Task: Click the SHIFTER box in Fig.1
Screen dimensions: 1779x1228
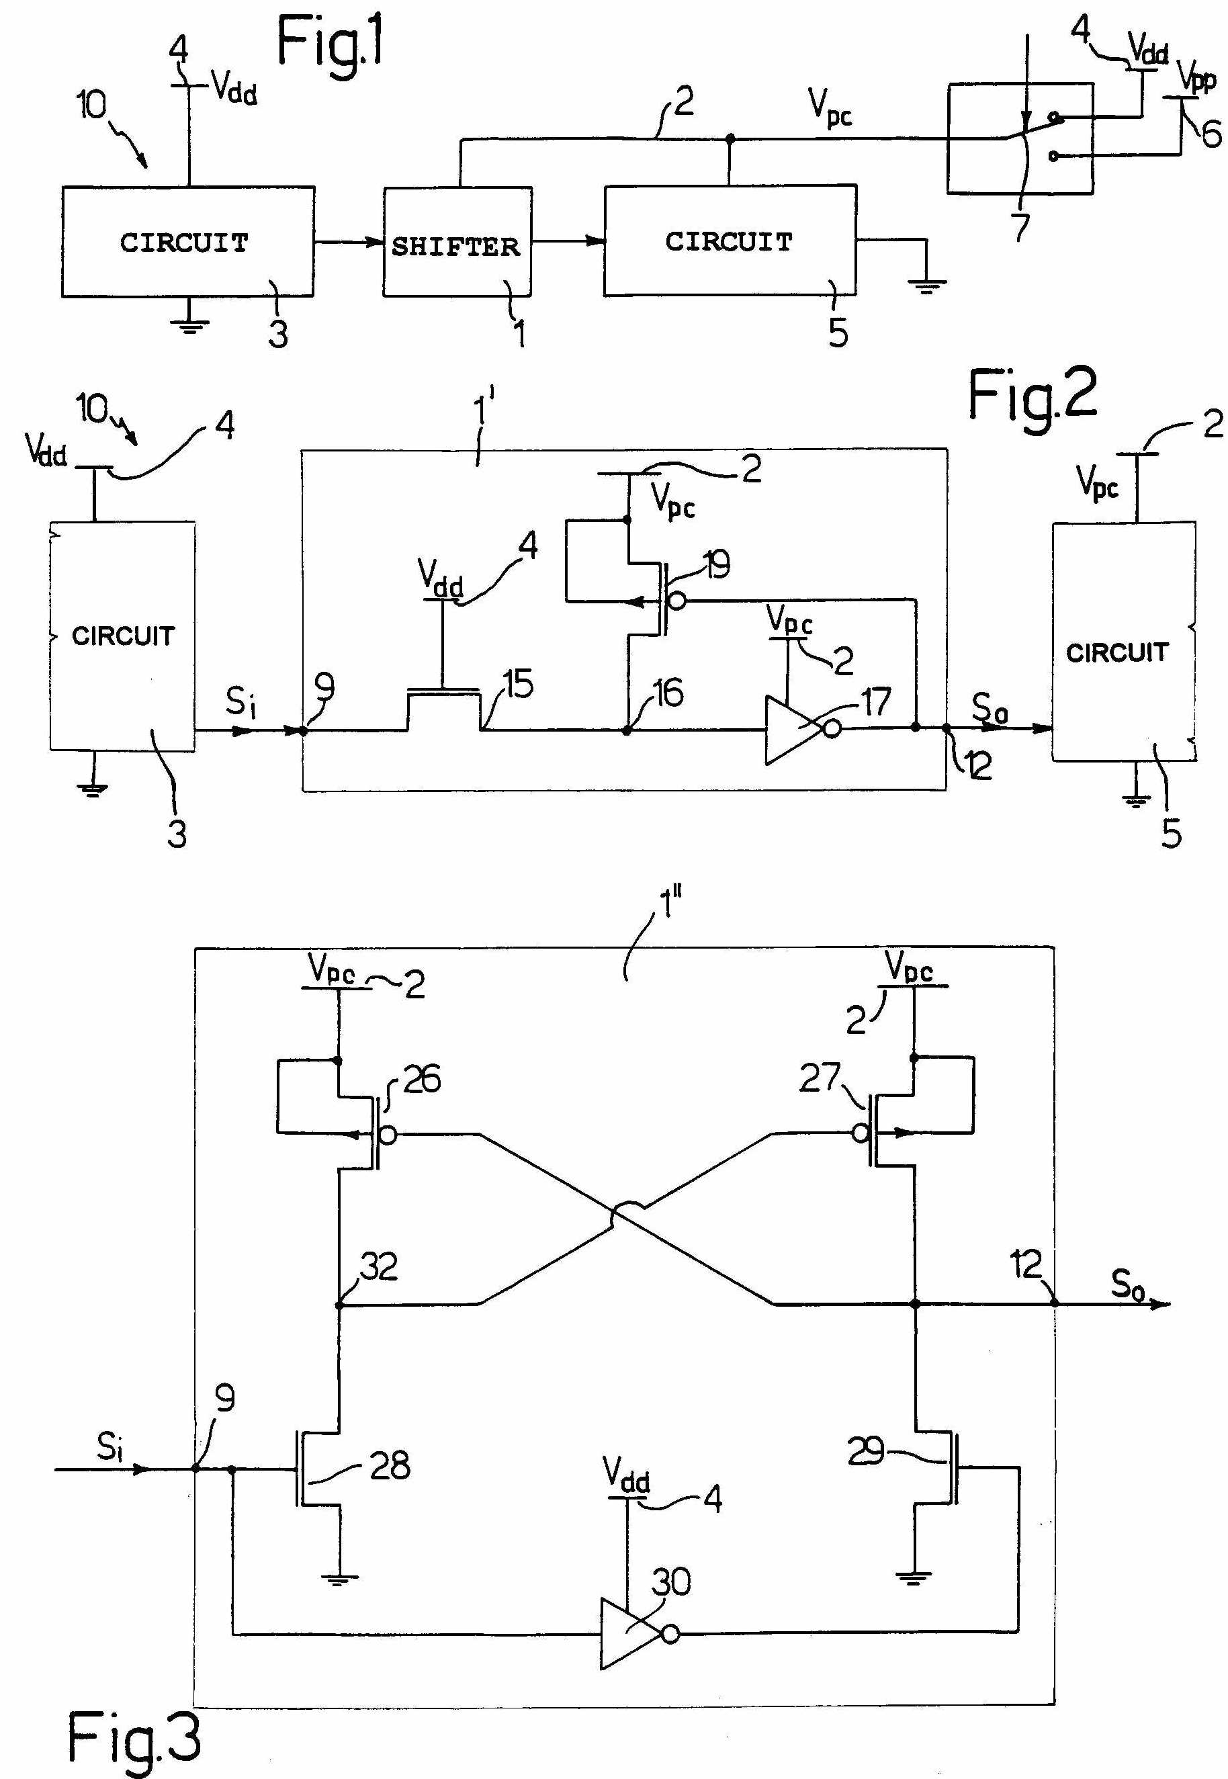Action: click(x=457, y=243)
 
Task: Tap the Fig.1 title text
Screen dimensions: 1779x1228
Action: click(x=331, y=46)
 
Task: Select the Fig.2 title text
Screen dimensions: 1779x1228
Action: click(x=1031, y=396)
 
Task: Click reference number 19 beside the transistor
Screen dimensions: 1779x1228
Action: click(x=715, y=566)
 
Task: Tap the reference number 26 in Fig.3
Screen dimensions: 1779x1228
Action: click(x=422, y=1079)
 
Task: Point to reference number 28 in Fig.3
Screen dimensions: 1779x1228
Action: click(x=390, y=1466)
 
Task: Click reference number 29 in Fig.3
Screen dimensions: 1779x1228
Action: click(x=866, y=1451)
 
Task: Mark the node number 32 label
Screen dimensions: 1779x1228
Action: click(x=379, y=1266)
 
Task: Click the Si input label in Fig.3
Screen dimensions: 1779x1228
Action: click(x=110, y=1446)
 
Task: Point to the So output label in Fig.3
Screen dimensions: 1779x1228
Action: click(x=1127, y=1285)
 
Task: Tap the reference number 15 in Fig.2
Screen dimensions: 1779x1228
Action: click(x=519, y=684)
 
